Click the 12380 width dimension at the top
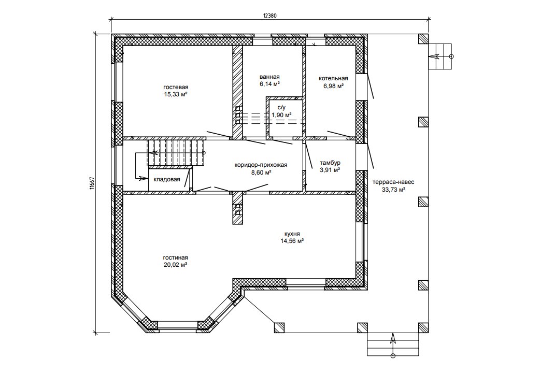(x=270, y=15)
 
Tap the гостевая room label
(x=176, y=87)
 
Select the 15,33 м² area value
(x=176, y=94)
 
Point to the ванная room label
(x=269, y=77)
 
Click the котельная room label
(x=333, y=79)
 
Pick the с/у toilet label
(x=281, y=107)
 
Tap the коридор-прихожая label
(x=261, y=165)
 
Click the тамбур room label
(x=330, y=163)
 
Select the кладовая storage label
(x=167, y=179)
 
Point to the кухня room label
(x=292, y=234)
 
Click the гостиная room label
(x=176, y=258)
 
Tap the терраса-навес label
(x=393, y=182)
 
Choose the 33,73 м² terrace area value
(x=393, y=190)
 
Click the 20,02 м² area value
(x=176, y=265)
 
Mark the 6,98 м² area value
(x=333, y=86)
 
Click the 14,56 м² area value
(x=292, y=241)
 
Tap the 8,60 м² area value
(x=261, y=172)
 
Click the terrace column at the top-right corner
(x=423, y=39)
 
